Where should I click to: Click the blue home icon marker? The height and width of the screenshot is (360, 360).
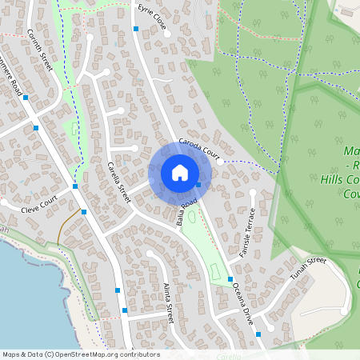(x=180, y=173)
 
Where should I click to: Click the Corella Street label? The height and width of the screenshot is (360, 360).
(x=118, y=182)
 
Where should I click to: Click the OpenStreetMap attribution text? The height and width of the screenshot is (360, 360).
(x=81, y=354)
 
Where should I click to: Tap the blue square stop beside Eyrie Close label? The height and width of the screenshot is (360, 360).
(x=136, y=29)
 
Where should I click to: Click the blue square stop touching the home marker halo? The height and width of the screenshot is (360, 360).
(x=198, y=186)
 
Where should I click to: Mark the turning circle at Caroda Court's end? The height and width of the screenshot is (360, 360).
(x=220, y=161)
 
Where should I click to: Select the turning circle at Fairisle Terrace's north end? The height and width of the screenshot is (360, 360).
(x=253, y=192)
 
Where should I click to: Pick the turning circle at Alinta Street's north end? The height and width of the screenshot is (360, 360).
(x=150, y=254)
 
